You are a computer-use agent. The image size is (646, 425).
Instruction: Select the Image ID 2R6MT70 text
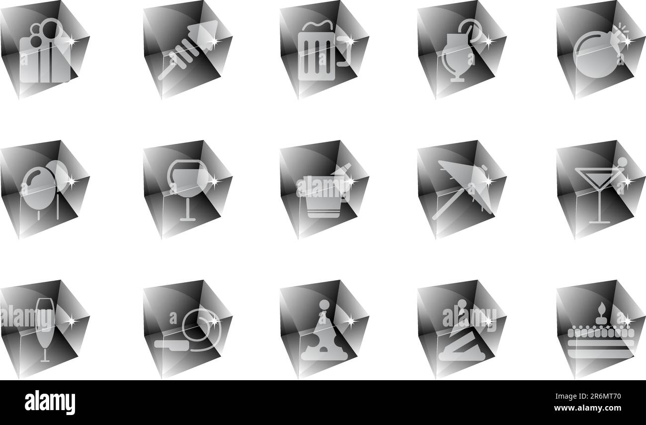click(588, 397)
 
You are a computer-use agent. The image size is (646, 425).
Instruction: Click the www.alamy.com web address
click(587, 408)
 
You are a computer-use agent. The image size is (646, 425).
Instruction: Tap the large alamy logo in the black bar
click(50, 402)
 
